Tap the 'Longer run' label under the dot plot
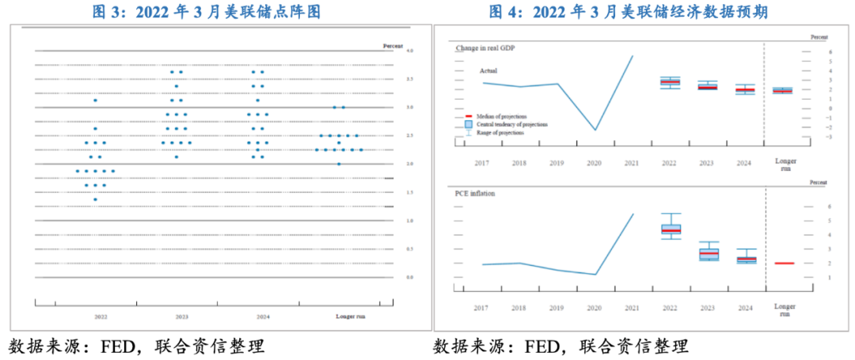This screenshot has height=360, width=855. click(350, 316)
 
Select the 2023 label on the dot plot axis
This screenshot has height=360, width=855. click(182, 316)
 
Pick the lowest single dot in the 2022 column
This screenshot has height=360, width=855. click(95, 199)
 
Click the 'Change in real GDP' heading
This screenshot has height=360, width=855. click(485, 48)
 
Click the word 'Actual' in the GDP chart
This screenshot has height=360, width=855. click(489, 70)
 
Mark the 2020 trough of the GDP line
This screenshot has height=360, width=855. click(595, 130)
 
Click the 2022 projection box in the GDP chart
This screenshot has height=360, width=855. click(670, 82)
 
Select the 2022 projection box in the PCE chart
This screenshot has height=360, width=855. click(670, 229)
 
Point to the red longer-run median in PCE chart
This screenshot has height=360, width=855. click(784, 263)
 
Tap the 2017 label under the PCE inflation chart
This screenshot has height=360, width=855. click(481, 308)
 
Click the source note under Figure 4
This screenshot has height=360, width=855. click(560, 347)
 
